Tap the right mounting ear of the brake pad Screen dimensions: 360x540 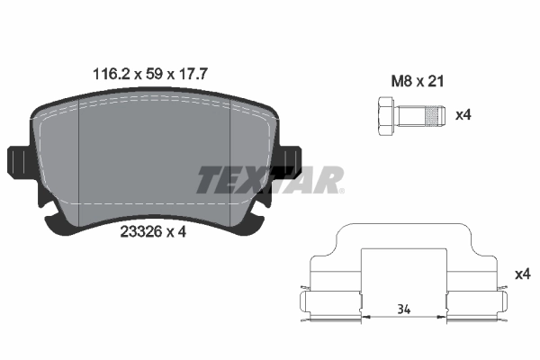[x=290, y=161]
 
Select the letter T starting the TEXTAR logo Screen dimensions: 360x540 [x=208, y=180]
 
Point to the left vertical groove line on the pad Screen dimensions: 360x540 [x=80, y=162]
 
